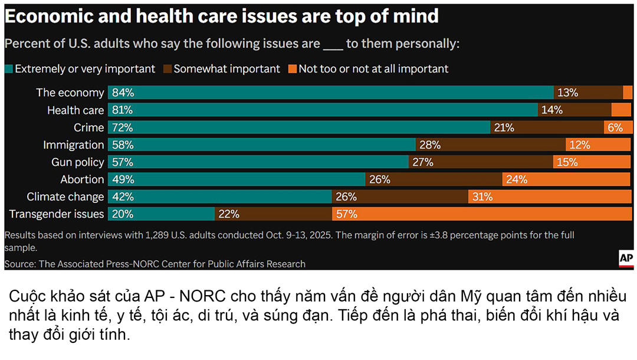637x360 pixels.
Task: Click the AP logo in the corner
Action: click(626, 258)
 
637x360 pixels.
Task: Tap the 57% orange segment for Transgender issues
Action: click(482, 214)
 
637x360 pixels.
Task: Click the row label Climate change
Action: click(65, 197)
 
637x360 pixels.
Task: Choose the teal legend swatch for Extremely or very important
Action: click(9, 69)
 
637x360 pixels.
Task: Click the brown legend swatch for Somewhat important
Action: click(168, 69)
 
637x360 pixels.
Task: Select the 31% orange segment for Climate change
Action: click(550, 197)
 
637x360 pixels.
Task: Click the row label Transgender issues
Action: click(57, 214)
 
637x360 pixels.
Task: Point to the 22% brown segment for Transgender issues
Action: click(273, 214)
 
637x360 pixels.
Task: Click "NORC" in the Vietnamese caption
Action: click(194, 295)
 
